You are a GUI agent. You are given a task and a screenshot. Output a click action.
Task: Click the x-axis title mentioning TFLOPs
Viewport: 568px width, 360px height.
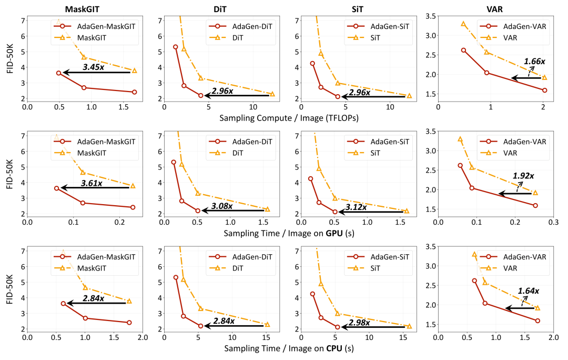point(289,117)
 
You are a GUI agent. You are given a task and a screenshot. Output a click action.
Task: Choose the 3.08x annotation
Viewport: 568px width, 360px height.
point(221,206)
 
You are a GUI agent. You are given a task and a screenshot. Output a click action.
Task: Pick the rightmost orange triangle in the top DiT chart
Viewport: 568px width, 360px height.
point(272,94)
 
